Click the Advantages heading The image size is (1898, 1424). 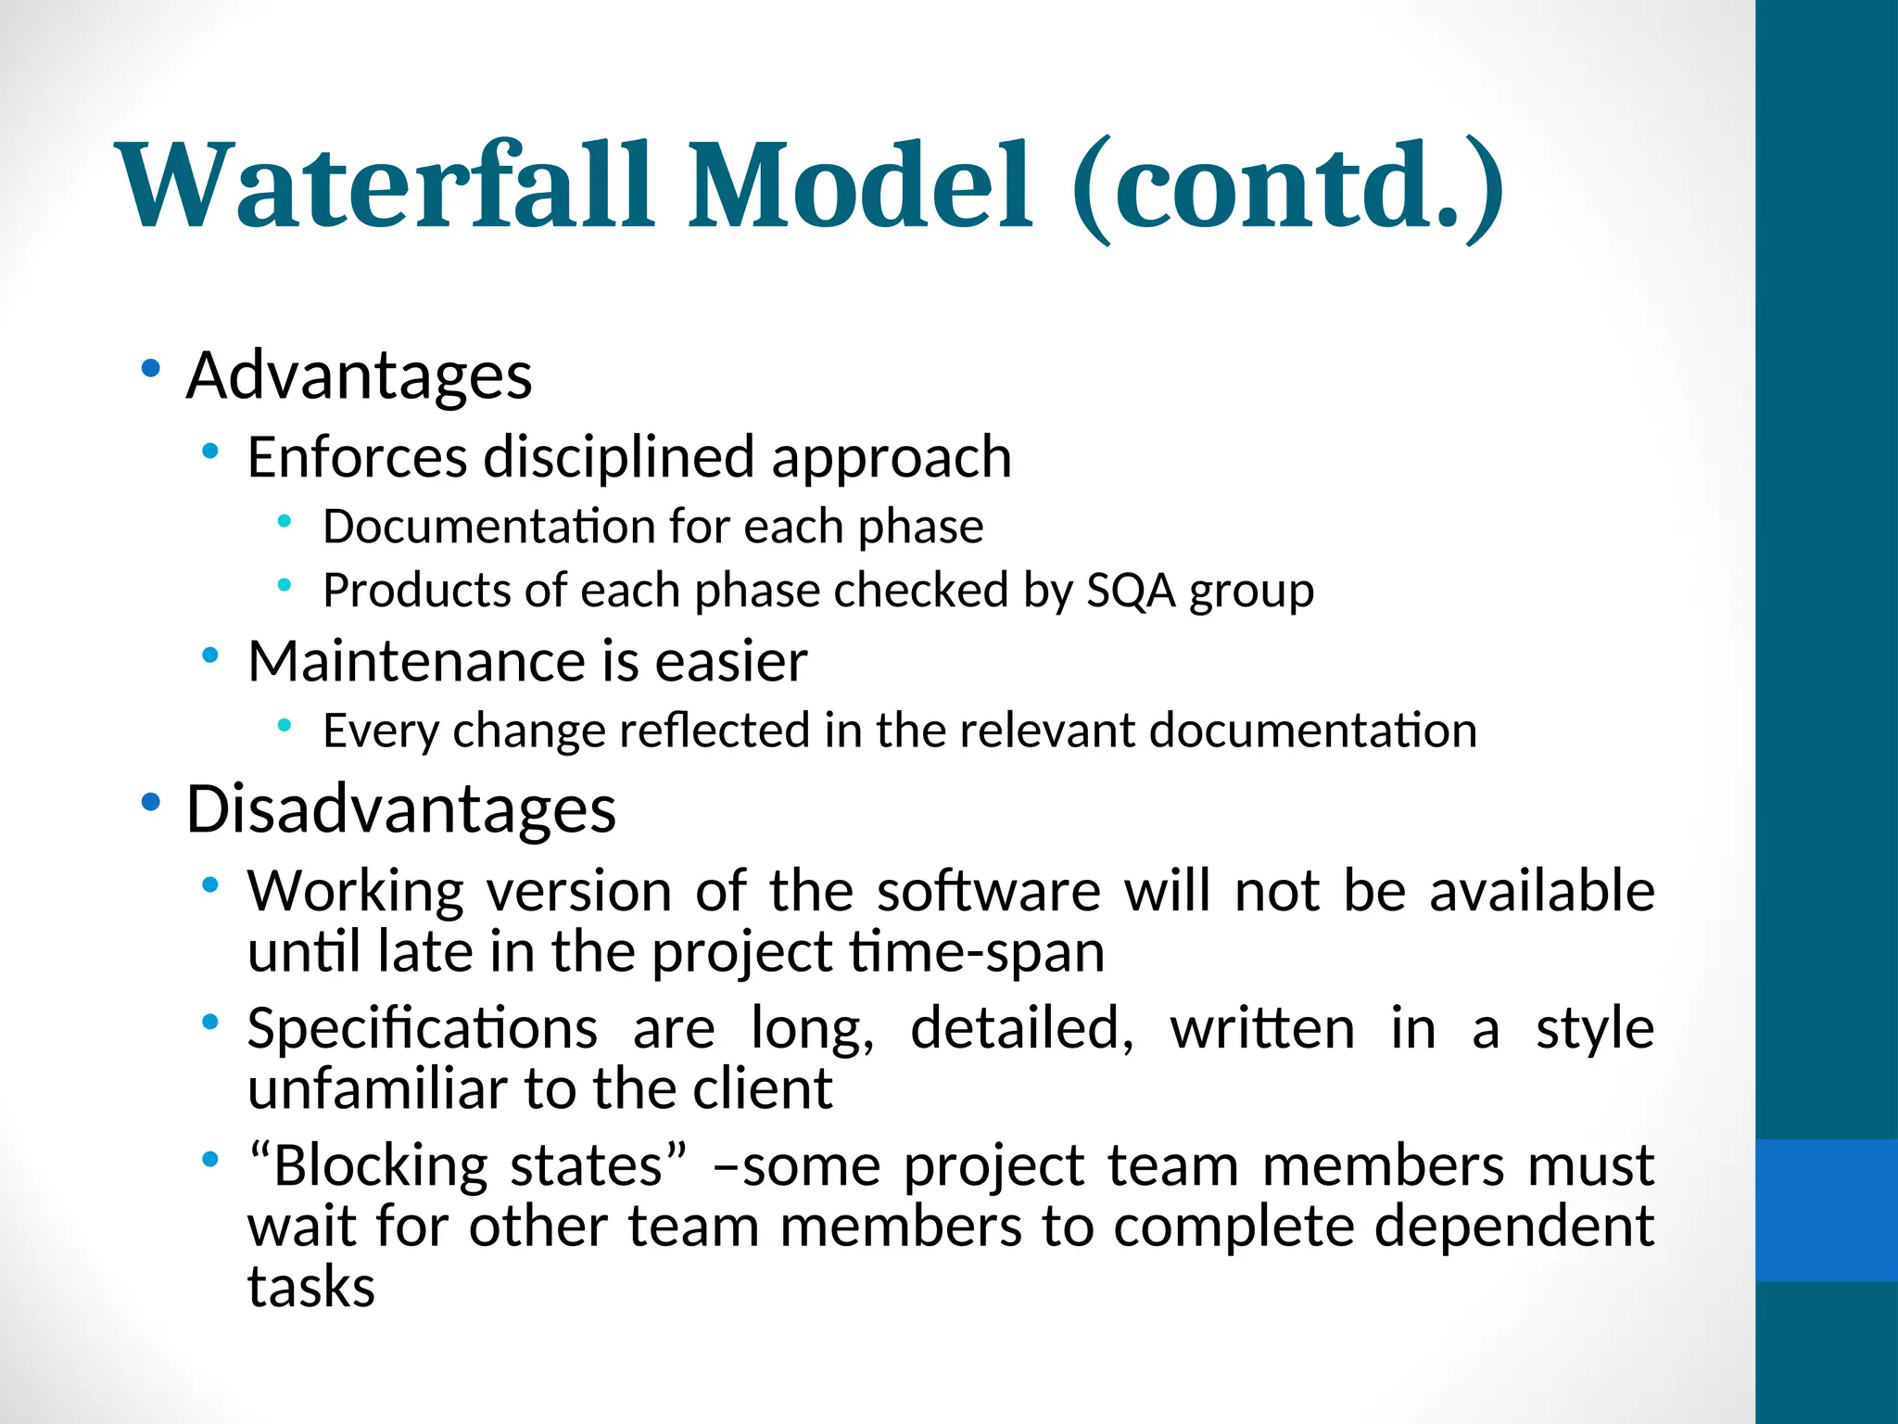click(x=359, y=375)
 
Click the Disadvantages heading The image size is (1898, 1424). click(x=400, y=808)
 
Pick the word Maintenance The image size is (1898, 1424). click(x=415, y=661)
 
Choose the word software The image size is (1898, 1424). click(x=988, y=891)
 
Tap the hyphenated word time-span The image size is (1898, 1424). click(x=977, y=952)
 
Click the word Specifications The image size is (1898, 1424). click(x=423, y=1029)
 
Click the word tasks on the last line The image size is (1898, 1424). click(x=311, y=1287)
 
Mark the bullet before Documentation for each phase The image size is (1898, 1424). click(x=285, y=522)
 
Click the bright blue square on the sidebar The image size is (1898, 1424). click(x=1827, y=1210)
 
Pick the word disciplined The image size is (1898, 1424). click(x=619, y=457)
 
